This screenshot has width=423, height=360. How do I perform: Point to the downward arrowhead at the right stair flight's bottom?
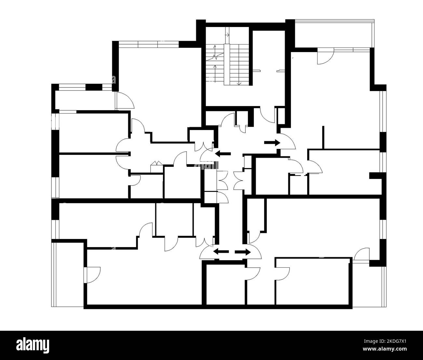[239, 84]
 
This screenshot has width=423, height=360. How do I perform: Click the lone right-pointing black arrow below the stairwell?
[272, 142]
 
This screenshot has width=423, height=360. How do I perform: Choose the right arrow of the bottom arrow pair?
[243, 252]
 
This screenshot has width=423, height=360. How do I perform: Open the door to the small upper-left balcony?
[125, 100]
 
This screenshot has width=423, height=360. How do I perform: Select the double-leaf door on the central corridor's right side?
[239, 180]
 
